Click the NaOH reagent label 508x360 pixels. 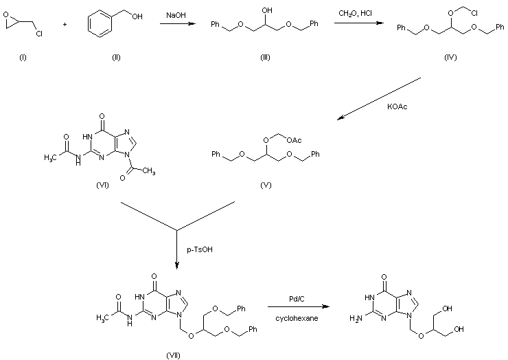point(176,15)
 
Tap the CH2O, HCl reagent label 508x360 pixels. point(356,13)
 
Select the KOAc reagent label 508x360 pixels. point(397,106)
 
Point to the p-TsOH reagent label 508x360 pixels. point(200,249)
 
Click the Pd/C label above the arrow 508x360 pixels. point(297,299)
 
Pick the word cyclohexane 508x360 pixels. point(297,319)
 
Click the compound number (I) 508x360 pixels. point(23,58)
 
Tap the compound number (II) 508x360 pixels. point(116,58)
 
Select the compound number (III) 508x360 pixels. point(265,58)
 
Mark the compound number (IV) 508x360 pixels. point(450,58)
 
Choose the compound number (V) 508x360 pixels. point(266,185)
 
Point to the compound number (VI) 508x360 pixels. point(102,185)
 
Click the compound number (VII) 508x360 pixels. point(173,355)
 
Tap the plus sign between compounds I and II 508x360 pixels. point(65,24)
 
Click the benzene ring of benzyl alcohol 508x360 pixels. point(100,24)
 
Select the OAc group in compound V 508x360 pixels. point(294,140)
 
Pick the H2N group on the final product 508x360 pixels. point(356,319)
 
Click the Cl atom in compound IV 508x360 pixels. point(474,13)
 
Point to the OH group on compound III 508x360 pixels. point(266,10)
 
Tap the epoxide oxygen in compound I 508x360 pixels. point(5,14)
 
